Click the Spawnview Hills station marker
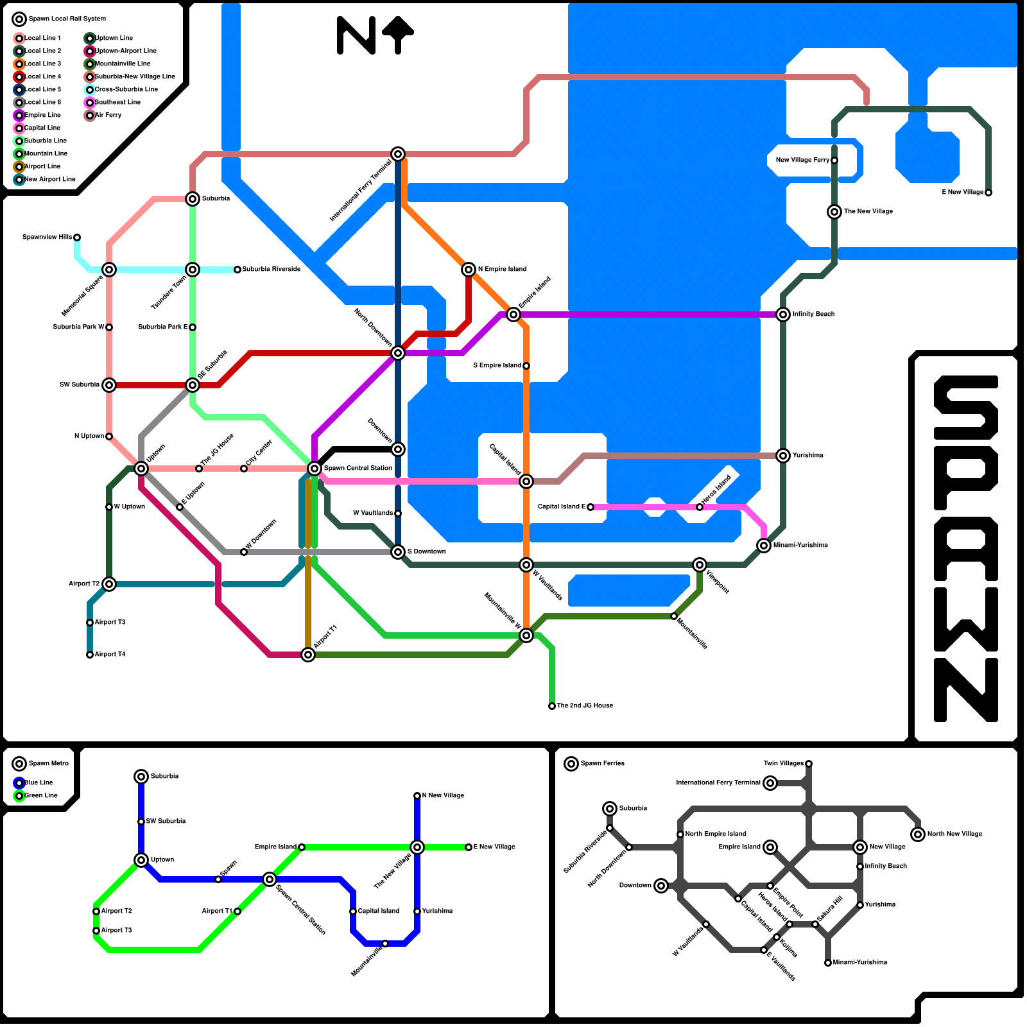[x=77, y=237]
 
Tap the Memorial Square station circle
[x=109, y=270]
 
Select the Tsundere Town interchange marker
[x=193, y=270]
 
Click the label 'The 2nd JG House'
[x=584, y=705]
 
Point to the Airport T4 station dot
[x=90, y=655]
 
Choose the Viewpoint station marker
[x=700, y=565]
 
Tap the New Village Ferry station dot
[x=834, y=160]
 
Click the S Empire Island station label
[x=497, y=365]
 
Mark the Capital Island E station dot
[x=591, y=507]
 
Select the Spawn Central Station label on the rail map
[x=358, y=468]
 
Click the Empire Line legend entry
[x=42, y=115]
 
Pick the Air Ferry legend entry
[x=108, y=115]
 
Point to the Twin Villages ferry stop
[x=809, y=764]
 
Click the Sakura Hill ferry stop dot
[x=815, y=924]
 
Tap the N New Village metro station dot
[x=417, y=796]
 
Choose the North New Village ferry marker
[x=918, y=834]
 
